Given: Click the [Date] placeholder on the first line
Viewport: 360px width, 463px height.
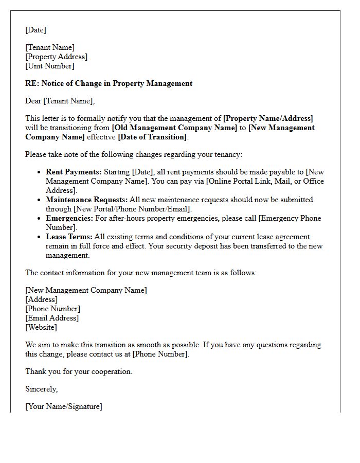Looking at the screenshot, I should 35,30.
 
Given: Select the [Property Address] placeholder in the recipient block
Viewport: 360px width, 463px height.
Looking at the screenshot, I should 56,57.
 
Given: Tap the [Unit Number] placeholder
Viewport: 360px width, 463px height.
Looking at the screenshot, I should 49,66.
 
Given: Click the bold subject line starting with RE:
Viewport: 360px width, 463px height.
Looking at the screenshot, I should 109,83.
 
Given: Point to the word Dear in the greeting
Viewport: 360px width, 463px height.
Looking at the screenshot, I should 33,101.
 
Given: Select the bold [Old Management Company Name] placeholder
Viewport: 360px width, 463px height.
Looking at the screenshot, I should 174,128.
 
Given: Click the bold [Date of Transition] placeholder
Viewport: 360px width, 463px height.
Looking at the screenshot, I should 153,137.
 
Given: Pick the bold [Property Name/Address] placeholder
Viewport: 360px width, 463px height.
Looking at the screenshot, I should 268,118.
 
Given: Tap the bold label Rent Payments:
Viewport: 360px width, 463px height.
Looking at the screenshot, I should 74,172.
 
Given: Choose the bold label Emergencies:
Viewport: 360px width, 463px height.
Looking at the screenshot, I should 69,218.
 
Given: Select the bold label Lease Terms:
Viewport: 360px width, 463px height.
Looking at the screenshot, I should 69,237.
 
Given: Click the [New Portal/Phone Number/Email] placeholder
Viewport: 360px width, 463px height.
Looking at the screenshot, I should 132,209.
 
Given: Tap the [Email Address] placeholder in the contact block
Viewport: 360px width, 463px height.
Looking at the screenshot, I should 52,318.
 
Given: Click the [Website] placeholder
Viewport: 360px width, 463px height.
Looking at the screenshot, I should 41,327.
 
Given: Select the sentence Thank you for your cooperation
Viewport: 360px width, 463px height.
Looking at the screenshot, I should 79,371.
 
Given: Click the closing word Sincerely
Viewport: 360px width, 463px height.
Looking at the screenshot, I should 41,389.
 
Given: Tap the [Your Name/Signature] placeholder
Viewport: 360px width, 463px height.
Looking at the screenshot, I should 63,406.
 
